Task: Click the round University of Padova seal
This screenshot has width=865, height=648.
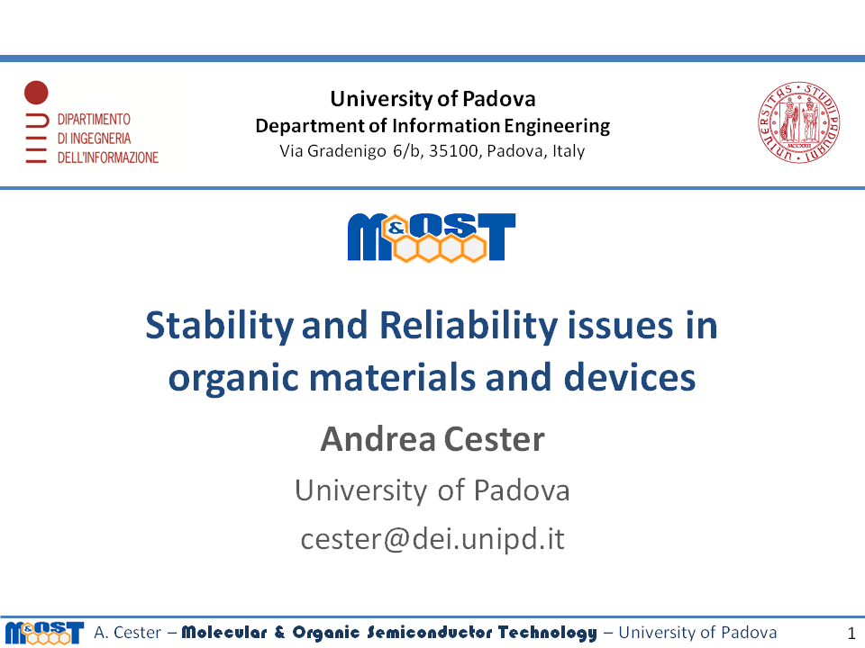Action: pos(798,122)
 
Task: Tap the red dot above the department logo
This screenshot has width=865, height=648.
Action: pos(36,92)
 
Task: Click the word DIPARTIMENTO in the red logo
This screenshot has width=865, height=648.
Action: pos(94,119)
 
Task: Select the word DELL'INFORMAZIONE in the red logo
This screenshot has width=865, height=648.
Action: pos(107,157)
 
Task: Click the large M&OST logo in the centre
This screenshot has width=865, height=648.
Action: pos(432,237)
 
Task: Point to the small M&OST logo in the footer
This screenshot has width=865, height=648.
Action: pos(44,633)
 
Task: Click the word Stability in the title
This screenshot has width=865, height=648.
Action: pos(219,326)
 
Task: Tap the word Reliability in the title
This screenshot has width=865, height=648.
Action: pos(469,326)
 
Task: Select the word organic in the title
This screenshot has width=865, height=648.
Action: pos(234,379)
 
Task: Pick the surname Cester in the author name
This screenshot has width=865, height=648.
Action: pos(494,439)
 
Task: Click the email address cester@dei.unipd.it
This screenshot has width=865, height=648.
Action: pos(432,538)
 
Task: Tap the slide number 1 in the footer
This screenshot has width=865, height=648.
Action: pos(851,633)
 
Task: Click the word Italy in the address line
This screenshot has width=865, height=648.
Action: pos(569,151)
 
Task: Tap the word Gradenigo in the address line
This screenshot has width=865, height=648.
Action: pos(346,151)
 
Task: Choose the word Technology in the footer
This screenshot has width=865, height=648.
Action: pos(547,633)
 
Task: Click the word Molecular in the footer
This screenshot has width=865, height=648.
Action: pos(224,632)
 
